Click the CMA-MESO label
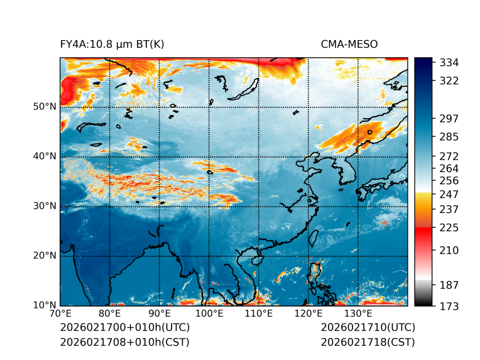(x=349, y=44)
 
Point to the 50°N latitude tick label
(x=45, y=107)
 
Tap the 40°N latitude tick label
(x=45, y=156)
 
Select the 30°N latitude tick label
(x=45, y=206)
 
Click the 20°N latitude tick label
(x=45, y=256)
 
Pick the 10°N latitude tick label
(x=45, y=305)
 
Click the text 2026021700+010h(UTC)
(x=125, y=327)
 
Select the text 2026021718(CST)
(x=368, y=342)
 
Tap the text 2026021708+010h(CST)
(x=124, y=342)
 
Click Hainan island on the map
(x=255, y=259)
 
